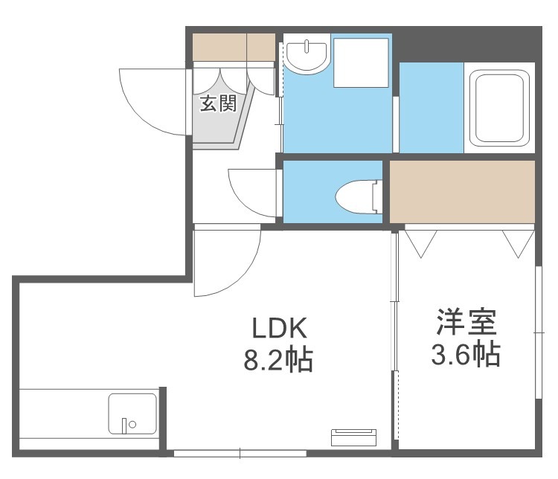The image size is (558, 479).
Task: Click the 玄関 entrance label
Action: [x=218, y=103]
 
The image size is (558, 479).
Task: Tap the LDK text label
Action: [x=279, y=328]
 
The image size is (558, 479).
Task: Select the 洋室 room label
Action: [x=466, y=322]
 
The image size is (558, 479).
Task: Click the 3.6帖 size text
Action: [x=466, y=354]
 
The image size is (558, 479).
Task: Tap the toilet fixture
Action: [x=359, y=197]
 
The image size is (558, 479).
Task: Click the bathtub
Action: [x=499, y=108]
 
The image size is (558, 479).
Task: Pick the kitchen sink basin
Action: [x=132, y=413]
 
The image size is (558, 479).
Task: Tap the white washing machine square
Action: [x=361, y=62]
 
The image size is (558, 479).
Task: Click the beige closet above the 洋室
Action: [x=462, y=191]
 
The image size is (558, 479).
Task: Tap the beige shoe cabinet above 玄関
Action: [x=234, y=47]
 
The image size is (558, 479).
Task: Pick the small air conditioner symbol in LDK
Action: [x=353, y=437]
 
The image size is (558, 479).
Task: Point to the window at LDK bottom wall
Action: [x=240, y=454]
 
